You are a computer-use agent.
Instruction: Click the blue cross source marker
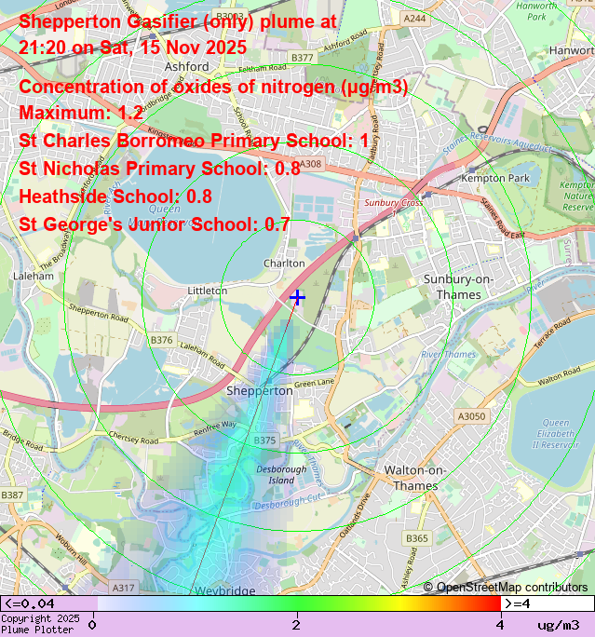(x=297, y=297)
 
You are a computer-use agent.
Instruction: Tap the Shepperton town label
(x=260, y=391)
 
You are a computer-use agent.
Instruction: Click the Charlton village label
(x=284, y=264)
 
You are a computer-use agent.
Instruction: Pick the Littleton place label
(x=208, y=291)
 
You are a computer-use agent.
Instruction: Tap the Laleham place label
(x=35, y=276)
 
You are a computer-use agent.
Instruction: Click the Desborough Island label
(x=281, y=475)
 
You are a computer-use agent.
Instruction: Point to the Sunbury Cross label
(x=393, y=202)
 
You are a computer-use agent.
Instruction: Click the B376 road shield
(x=162, y=340)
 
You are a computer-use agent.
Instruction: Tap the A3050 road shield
(x=471, y=416)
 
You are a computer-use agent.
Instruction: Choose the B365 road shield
(x=417, y=538)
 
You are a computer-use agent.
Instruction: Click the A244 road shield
(x=415, y=18)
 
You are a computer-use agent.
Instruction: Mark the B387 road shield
(x=12, y=495)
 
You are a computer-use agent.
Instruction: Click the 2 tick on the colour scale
(x=296, y=623)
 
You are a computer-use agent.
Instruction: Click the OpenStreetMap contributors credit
(x=506, y=587)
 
